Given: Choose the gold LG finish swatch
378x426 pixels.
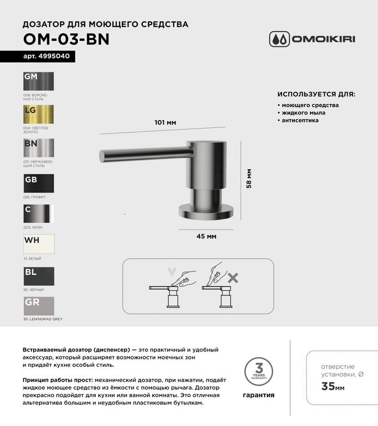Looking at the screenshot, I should tap(39, 114).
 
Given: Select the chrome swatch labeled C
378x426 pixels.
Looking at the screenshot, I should tap(39, 213).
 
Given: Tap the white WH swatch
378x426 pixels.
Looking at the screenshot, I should tap(39, 244).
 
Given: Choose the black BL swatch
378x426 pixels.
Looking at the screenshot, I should tap(39, 276).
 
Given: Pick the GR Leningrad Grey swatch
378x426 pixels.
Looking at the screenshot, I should tap(39, 306).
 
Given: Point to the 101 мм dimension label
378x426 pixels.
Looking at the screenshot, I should tap(165, 122).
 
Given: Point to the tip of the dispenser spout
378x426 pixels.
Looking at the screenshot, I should tap(103, 156).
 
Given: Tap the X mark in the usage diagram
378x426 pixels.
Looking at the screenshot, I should tap(232, 277).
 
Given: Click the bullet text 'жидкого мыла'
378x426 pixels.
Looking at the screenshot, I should tap(303, 113).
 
